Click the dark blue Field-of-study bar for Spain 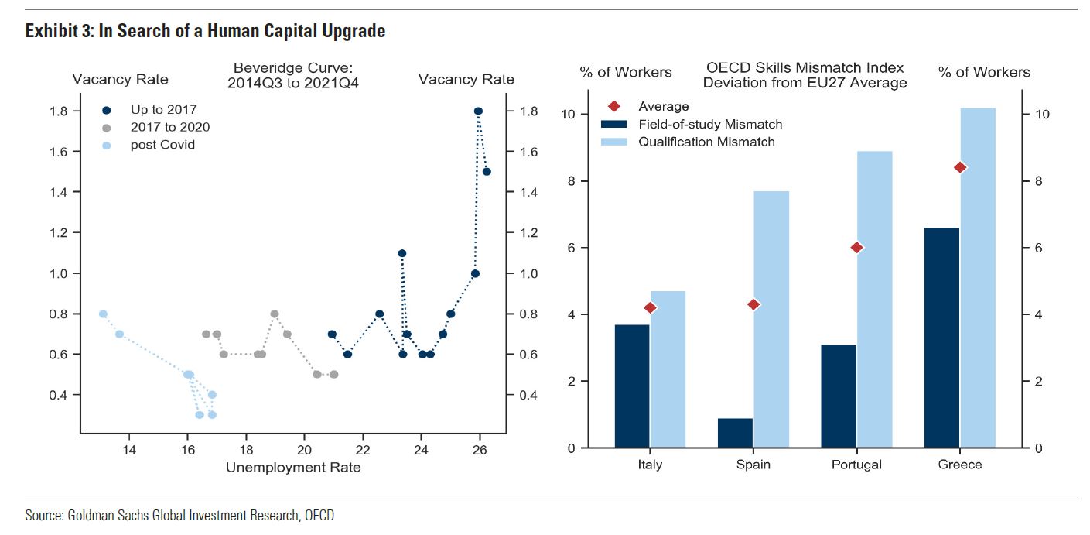tap(735, 433)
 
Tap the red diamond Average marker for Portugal tap(856, 248)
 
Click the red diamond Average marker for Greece tap(960, 167)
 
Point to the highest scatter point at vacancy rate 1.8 tap(478, 111)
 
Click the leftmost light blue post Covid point tap(103, 314)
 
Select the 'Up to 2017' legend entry tap(163, 110)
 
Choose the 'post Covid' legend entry tap(162, 144)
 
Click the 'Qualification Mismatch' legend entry tap(706, 142)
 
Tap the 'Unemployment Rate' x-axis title tap(292, 467)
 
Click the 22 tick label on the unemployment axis tap(363, 450)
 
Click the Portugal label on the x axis tap(856, 465)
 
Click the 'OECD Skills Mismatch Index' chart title tap(805, 68)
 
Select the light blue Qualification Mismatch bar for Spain tap(771, 319)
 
